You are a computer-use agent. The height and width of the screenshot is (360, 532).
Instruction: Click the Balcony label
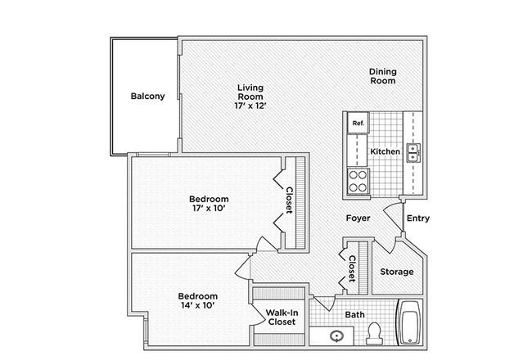click(x=147, y=96)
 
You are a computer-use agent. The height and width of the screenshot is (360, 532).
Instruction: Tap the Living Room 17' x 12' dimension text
click(x=250, y=106)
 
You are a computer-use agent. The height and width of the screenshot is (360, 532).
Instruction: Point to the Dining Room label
click(x=383, y=76)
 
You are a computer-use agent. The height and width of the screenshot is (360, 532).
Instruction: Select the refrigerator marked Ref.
click(x=358, y=123)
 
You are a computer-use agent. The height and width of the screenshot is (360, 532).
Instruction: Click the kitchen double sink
click(x=413, y=153)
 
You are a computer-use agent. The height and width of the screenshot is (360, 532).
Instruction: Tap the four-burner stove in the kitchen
click(x=358, y=181)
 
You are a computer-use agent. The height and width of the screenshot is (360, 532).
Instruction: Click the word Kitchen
click(x=385, y=151)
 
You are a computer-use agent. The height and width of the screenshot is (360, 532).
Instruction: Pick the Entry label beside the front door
click(x=418, y=218)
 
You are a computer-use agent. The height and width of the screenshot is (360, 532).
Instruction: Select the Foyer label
click(x=358, y=218)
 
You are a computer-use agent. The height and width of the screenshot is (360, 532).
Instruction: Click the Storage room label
click(x=397, y=272)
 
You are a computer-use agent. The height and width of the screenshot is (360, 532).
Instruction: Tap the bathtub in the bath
click(x=411, y=322)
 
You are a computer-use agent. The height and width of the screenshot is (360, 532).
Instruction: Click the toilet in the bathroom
click(x=375, y=334)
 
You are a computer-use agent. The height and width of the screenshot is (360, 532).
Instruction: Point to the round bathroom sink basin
click(x=337, y=336)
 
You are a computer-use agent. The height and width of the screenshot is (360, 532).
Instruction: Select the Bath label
click(x=355, y=314)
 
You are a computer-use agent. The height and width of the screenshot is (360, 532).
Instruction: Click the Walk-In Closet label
click(x=282, y=317)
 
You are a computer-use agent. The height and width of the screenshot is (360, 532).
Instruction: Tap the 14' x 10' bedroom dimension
click(x=198, y=305)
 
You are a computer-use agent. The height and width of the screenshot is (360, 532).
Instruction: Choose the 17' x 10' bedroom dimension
click(x=209, y=208)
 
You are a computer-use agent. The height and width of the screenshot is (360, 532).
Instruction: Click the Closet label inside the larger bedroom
click(x=290, y=200)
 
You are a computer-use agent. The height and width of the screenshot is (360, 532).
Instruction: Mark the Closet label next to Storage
click(x=352, y=268)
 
